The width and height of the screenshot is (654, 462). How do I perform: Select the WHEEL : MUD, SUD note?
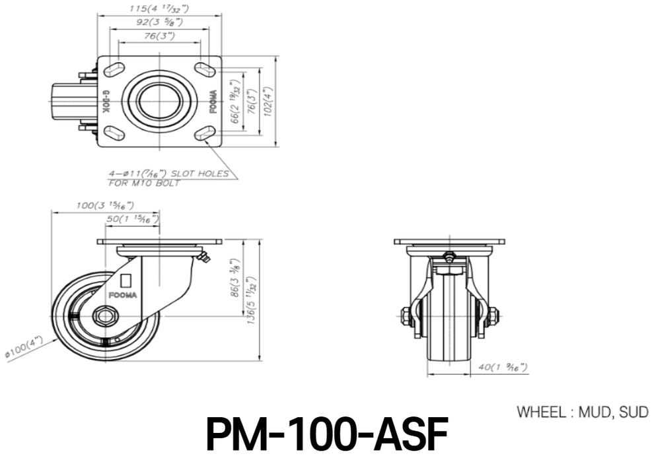583,412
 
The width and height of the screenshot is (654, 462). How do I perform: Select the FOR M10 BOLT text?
144,183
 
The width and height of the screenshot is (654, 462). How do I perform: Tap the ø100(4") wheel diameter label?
24,348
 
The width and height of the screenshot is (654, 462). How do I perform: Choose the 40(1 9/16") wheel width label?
503,368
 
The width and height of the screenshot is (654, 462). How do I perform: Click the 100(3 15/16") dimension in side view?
105,205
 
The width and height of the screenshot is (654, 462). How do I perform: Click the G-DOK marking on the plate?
105,100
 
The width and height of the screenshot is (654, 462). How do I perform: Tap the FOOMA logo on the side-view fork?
122,295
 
